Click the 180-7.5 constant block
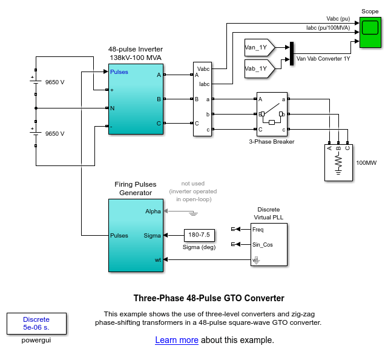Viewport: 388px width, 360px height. (x=199, y=235)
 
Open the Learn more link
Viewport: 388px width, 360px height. (x=177, y=340)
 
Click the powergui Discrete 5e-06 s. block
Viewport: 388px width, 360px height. (x=36, y=324)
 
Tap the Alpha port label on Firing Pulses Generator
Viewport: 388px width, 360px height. (x=153, y=212)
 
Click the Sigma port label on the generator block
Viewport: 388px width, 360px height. (x=153, y=235)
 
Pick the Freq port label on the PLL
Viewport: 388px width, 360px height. (x=258, y=229)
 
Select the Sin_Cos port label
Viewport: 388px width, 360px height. (x=262, y=245)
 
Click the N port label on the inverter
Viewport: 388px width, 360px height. (x=113, y=108)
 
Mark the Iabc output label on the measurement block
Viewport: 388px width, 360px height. (x=203, y=84)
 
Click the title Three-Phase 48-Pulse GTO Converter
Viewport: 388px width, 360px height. (x=208, y=298)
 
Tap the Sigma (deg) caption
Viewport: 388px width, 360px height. (x=199, y=247)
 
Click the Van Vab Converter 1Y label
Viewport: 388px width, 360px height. (x=323, y=59)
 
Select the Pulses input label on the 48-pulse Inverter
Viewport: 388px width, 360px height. (x=119, y=72)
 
